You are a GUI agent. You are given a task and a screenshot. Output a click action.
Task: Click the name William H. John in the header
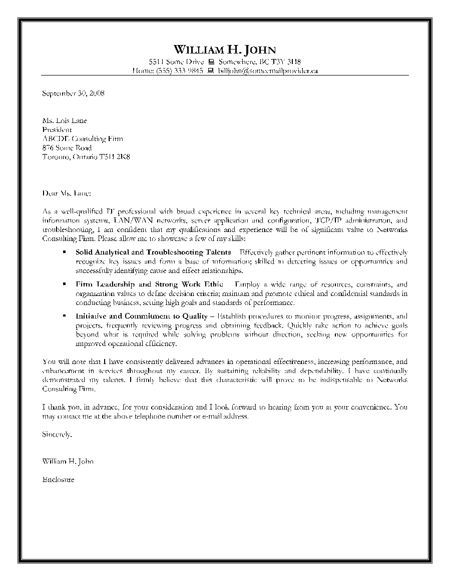225,49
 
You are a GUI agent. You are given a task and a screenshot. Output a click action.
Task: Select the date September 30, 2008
73,93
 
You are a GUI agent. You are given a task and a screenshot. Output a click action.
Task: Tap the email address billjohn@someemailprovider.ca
268,71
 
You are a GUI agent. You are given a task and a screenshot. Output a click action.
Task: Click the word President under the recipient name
57,129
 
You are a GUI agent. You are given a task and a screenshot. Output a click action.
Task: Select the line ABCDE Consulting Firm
83,138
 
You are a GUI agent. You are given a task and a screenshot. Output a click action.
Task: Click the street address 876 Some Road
67,148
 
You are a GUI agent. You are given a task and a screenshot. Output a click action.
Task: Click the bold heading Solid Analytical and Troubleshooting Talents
153,252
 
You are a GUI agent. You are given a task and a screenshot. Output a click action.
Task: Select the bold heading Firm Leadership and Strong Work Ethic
149,284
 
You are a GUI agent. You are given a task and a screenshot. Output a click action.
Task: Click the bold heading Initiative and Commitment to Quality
141,316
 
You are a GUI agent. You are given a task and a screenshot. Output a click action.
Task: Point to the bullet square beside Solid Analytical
64,252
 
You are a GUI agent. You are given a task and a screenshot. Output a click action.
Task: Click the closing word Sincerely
57,435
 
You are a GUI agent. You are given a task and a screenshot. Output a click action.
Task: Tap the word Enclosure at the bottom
59,479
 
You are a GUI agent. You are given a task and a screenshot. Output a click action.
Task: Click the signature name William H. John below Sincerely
68,461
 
